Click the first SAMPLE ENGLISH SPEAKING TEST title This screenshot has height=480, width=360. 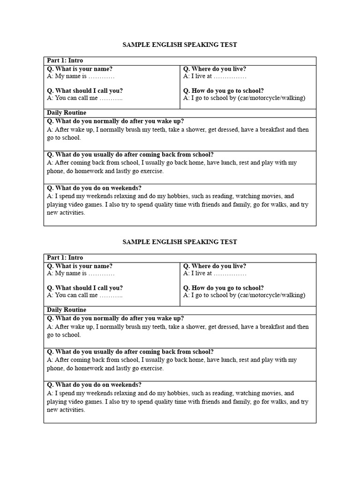(180, 45)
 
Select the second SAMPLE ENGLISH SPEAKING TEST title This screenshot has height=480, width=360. (180, 242)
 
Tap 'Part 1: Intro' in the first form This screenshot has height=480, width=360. (65, 61)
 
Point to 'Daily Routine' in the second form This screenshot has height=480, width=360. (67, 310)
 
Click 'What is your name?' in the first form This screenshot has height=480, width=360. (80, 69)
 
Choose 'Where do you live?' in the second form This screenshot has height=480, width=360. (215, 266)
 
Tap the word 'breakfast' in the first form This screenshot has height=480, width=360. (271, 129)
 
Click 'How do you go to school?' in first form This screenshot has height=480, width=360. (223, 91)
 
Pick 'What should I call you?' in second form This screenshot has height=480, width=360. (84, 288)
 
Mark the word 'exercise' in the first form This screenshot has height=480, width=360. (152, 171)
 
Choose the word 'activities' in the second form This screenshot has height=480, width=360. (72, 410)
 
